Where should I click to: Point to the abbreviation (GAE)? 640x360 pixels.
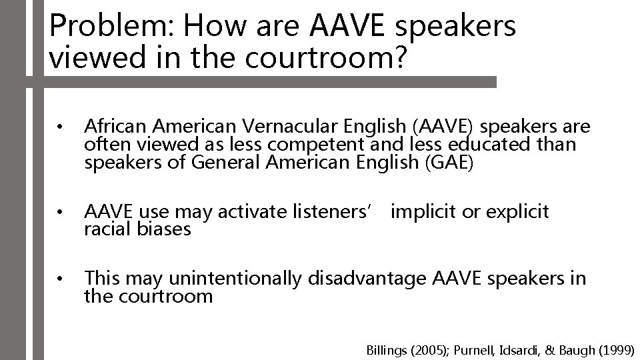coord(448,162)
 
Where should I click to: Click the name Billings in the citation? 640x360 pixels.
coord(386,349)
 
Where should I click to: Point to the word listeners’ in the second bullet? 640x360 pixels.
coord(337,212)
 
